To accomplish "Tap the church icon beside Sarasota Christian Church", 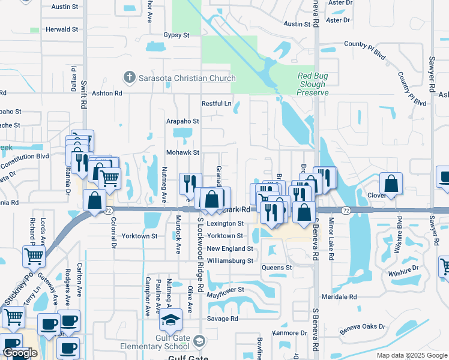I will pos(128,78).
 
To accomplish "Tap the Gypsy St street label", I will pos(176,35).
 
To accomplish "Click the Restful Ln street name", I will pos(216,104).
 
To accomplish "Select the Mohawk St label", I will pos(182,153).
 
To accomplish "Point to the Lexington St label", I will pos(225,223).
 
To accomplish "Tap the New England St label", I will pos(230,248).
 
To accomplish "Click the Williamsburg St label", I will pos(230,261).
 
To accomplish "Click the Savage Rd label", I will pos(223,319).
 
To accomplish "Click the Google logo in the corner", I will pos(20,353).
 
